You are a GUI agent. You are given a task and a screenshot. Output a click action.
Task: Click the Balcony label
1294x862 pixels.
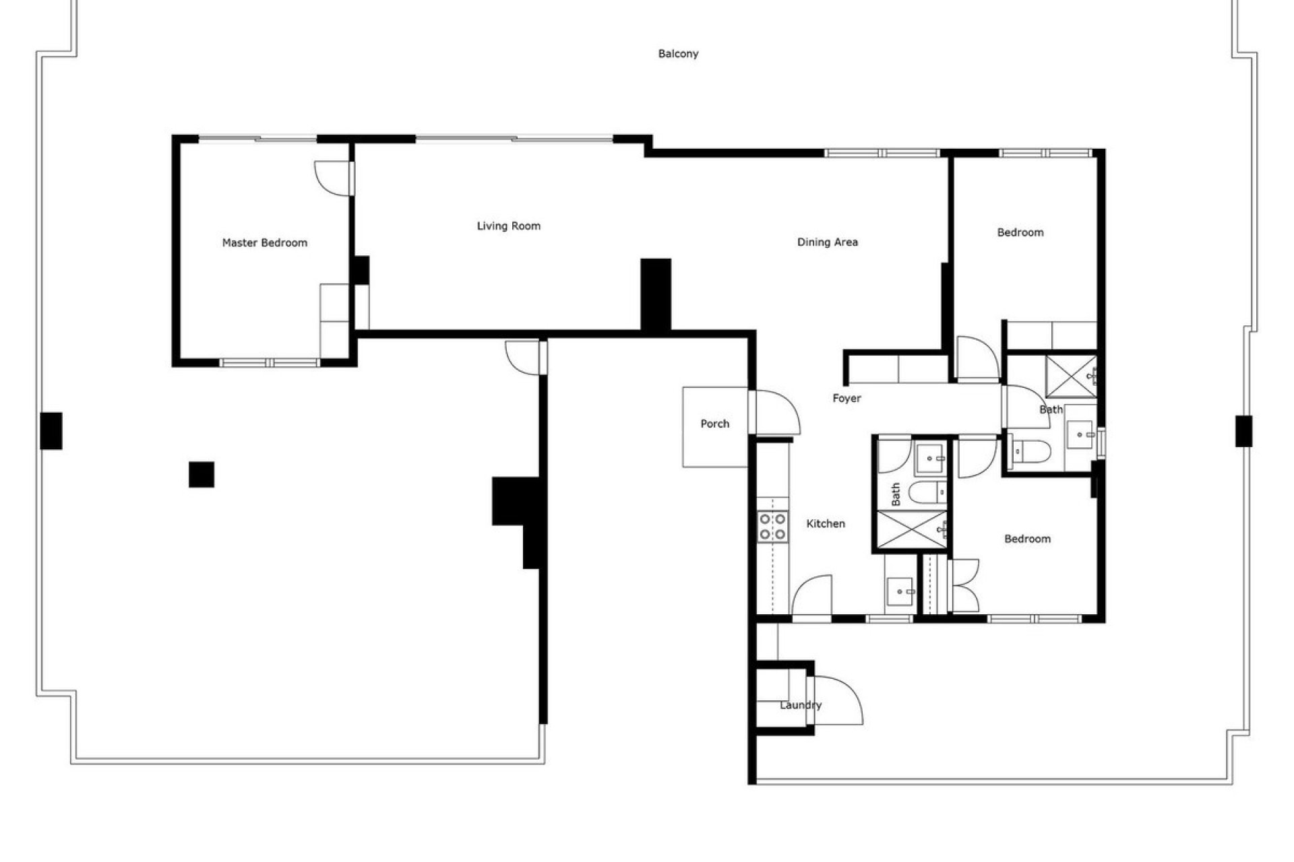point(678,54)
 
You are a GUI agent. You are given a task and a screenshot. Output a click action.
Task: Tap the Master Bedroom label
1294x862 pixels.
point(265,242)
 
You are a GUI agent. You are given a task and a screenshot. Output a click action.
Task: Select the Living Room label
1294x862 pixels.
point(509,226)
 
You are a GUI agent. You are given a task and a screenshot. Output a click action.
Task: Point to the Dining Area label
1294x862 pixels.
point(828,242)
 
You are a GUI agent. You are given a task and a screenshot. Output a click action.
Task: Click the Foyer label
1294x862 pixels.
point(846,399)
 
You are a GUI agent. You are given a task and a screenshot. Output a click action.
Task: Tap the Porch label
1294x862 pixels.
point(715,424)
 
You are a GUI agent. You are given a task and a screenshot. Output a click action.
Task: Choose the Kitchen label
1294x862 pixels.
point(826,523)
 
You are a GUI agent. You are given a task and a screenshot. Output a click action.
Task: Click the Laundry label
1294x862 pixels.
point(801,705)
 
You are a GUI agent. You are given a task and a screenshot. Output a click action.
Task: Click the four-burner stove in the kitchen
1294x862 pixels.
point(772,527)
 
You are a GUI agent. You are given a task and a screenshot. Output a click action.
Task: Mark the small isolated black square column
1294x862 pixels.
point(202,474)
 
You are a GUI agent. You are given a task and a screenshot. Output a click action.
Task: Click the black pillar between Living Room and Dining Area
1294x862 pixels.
point(655,294)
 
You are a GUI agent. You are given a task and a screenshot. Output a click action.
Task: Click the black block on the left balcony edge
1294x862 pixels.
point(51,430)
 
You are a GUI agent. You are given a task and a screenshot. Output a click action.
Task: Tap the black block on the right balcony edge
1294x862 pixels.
point(1243,431)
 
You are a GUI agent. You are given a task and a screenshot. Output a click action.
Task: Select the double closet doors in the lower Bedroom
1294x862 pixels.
point(964,585)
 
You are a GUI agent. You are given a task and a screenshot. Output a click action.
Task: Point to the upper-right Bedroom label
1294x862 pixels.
point(1020,232)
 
